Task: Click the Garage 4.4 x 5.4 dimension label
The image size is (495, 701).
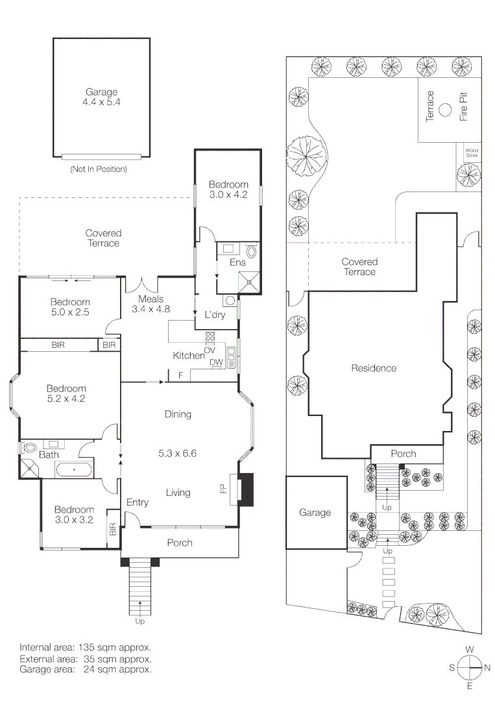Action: click(102, 103)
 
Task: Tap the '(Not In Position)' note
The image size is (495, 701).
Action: click(98, 169)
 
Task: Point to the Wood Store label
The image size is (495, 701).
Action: click(472, 154)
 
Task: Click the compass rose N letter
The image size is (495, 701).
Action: click(487, 667)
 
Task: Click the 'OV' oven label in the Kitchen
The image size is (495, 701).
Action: click(210, 350)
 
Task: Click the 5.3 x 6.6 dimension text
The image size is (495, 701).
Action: click(178, 453)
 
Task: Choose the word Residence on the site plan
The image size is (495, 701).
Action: click(374, 368)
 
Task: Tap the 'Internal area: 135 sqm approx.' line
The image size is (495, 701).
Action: click(86, 647)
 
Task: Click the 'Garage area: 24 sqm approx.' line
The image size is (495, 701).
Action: click(86, 669)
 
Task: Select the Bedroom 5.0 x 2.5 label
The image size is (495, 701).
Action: click(70, 307)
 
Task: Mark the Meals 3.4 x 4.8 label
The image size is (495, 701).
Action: click(151, 304)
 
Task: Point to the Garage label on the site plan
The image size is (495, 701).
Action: click(315, 513)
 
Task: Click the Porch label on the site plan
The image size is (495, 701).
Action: click(404, 454)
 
